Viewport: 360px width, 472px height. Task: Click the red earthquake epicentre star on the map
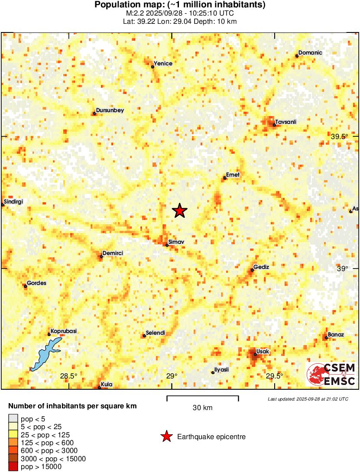[180, 211]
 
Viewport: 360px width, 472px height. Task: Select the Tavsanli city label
[286, 122]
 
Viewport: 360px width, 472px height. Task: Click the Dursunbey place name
[110, 110]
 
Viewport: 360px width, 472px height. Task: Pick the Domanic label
[311, 53]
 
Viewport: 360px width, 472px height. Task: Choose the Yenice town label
[163, 64]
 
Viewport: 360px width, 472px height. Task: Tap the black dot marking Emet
[225, 178]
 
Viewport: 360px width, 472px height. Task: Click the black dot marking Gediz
[252, 270]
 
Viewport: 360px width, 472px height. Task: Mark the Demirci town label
[113, 253]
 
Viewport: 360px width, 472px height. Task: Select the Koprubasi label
[64, 331]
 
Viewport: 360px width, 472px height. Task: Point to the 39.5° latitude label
[340, 136]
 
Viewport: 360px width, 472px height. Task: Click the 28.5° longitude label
[68, 376]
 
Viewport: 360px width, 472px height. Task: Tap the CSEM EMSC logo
[331, 374]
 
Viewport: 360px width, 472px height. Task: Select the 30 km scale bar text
[202, 407]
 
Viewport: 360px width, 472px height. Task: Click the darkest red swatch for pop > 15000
[13, 466]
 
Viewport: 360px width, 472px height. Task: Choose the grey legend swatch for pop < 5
[13, 418]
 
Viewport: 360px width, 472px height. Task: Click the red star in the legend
[166, 437]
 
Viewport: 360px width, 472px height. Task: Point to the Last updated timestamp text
[308, 399]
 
